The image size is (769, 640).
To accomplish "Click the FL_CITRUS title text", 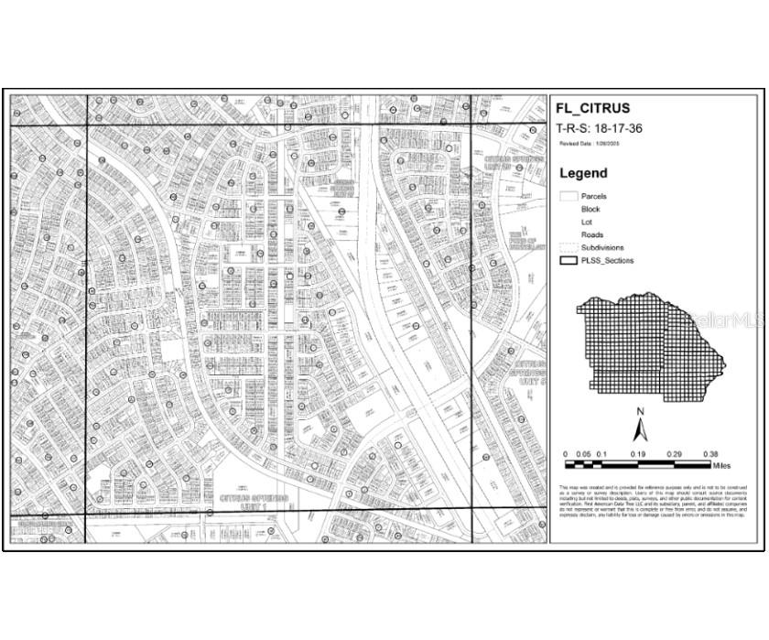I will (592, 108).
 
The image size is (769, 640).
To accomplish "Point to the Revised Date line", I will (590, 144).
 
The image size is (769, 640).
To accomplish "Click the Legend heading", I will (583, 173).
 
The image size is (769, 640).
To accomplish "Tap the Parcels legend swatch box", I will (569, 196).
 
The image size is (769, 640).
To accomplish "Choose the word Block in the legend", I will (590, 210).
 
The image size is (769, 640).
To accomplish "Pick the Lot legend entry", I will (586, 222).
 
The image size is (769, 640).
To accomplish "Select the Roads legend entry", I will (591, 235).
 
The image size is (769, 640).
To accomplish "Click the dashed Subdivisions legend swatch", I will (569, 247).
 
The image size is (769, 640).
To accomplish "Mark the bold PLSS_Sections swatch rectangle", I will (569, 260).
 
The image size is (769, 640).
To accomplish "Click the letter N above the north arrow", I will (642, 411).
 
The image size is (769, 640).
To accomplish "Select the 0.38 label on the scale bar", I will (709, 454).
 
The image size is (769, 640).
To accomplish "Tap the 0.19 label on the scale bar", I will (637, 454).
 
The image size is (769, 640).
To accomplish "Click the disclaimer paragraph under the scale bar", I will (654, 501).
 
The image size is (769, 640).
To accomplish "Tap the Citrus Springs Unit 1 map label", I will (255, 501).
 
